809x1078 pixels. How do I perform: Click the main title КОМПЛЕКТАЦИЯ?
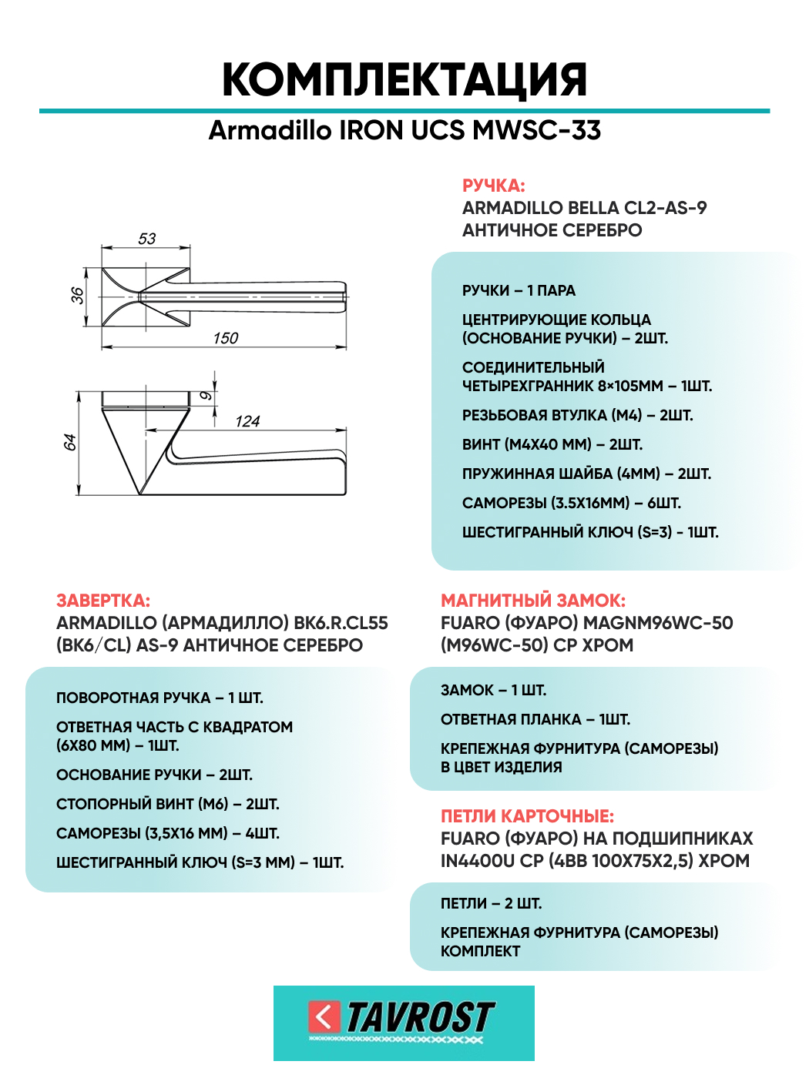(404, 79)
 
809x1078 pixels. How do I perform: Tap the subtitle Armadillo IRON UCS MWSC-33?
(404, 130)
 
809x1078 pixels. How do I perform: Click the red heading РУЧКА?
(493, 186)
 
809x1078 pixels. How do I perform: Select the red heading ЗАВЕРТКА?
(103, 601)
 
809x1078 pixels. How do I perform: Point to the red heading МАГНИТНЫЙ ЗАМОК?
(533, 601)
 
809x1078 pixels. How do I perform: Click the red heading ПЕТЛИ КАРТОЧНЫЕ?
(527, 816)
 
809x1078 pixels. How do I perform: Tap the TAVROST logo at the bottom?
(404, 1021)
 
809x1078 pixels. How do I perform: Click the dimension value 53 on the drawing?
(146, 239)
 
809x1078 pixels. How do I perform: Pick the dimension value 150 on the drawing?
(226, 338)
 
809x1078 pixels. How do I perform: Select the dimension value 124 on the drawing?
(247, 421)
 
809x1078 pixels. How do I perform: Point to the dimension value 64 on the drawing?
(70, 442)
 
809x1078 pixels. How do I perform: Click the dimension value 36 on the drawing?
(78, 295)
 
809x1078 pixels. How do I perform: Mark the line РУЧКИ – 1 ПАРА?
(519, 290)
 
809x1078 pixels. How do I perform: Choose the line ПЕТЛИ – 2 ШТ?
(491, 903)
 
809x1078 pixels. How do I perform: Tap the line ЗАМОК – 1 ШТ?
(493, 690)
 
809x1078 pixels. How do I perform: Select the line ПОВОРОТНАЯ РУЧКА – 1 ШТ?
(159, 698)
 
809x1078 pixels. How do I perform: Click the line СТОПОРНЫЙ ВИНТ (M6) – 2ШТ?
(168, 804)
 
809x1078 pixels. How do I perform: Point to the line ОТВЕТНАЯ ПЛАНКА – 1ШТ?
(535, 719)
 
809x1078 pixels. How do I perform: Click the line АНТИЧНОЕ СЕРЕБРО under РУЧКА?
(552, 230)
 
